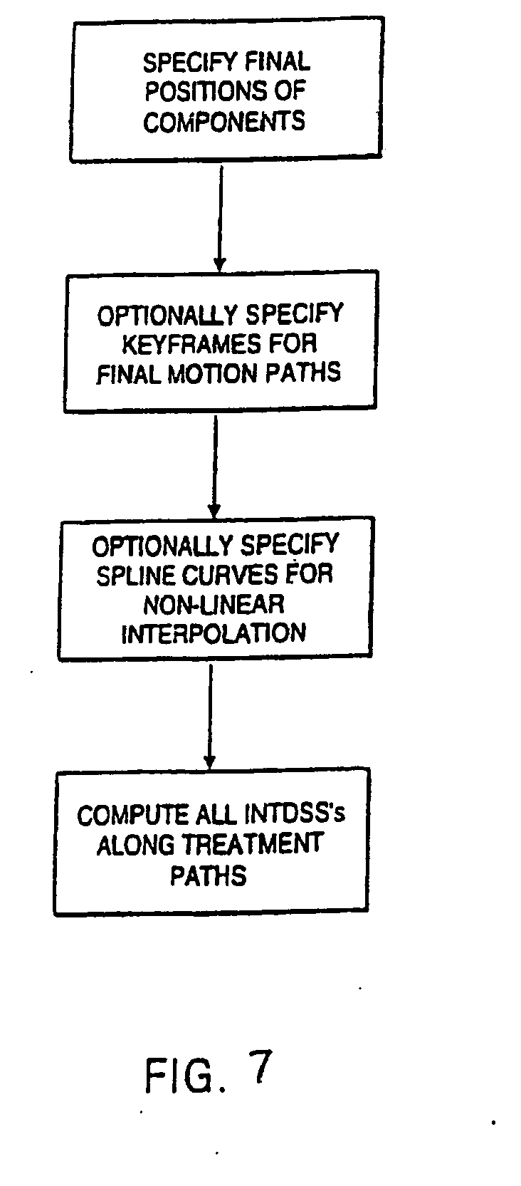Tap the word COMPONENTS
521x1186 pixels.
224,121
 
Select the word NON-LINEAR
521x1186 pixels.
214,605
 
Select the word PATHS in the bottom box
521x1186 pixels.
208,875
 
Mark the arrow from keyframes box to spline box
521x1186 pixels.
214,467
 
